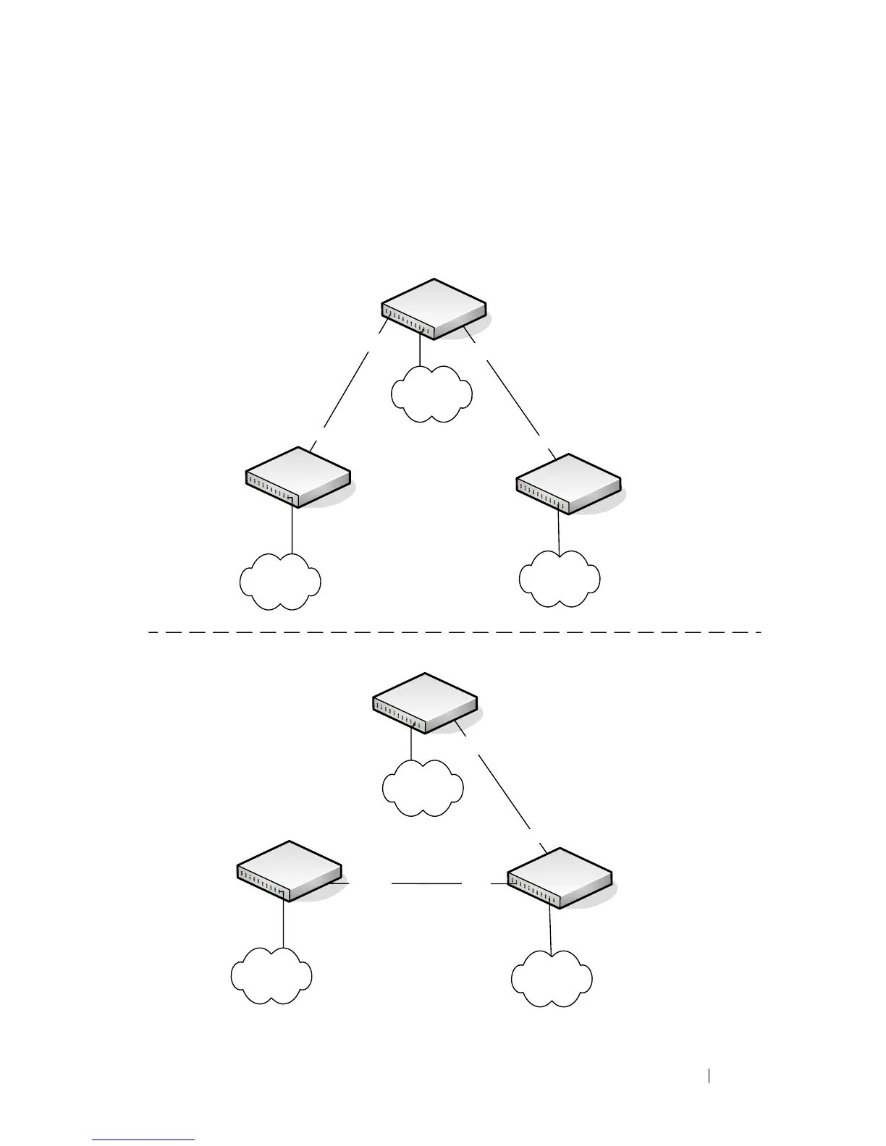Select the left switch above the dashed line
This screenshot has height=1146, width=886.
[298, 477]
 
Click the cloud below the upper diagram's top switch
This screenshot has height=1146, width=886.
[431, 394]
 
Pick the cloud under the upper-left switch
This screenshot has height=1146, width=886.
[280, 582]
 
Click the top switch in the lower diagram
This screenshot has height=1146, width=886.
[424, 703]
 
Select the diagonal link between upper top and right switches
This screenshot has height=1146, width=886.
[513, 396]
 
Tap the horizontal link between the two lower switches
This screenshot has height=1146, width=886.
[426, 883]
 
